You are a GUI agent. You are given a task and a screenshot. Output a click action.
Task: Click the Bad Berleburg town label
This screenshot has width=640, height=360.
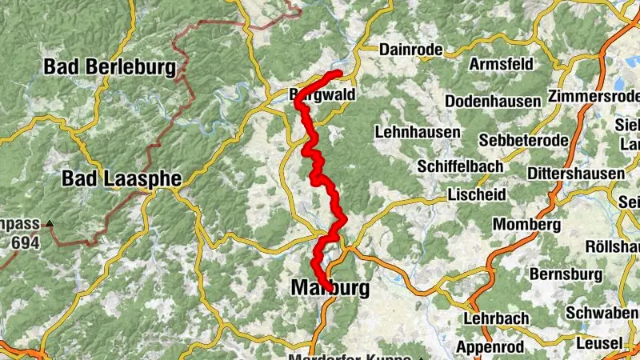pos(110,67)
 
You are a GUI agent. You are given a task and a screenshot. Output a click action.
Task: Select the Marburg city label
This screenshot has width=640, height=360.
pos(330,286)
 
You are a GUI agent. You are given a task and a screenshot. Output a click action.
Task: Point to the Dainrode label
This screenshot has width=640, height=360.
pos(411,50)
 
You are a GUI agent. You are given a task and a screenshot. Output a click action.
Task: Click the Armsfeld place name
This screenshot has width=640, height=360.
pos(501,63)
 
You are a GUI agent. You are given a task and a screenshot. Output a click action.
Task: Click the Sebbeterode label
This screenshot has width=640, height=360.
pos(524,140)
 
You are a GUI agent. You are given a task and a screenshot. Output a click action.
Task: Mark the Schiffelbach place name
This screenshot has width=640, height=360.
pos(460,166)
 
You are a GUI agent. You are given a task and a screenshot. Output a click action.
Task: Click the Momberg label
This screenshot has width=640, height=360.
pos(526,224)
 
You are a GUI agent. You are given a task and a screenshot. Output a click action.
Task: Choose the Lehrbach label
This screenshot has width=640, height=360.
pos(496,318)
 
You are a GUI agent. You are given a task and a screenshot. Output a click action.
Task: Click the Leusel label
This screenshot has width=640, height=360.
pos(599,343)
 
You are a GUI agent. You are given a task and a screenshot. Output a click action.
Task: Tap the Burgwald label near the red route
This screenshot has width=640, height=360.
pos(322,94)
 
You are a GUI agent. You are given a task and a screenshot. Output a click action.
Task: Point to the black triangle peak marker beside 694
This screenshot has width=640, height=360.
pos(50,225)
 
